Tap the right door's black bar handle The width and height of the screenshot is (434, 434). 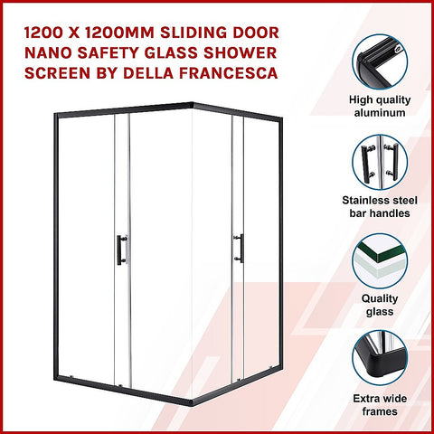[x=238, y=247]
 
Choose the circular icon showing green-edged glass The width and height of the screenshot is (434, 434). [x=380, y=261]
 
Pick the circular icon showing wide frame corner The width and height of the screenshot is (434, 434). [x=380, y=359]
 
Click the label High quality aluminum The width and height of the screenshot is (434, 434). [x=380, y=106]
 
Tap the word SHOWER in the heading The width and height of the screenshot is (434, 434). [x=262, y=46]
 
